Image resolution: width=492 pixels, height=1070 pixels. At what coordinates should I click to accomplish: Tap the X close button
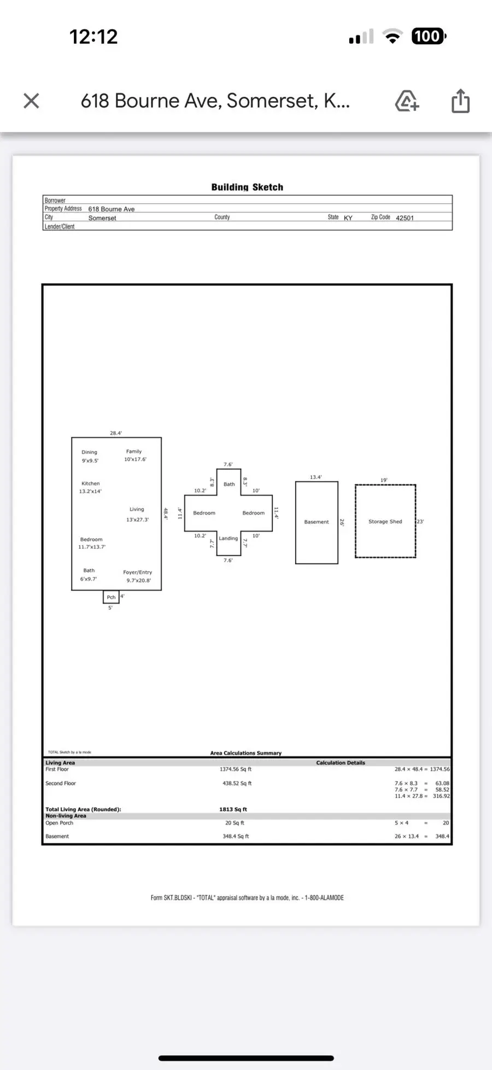coord(31,101)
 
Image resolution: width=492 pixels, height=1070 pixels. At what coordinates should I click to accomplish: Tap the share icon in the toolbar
coord(460,101)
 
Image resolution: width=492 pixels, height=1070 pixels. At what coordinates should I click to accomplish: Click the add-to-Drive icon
coord(407,101)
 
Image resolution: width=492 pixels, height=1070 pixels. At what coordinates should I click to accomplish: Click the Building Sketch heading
coord(247,187)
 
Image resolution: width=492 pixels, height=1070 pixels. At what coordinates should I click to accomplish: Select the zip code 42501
coord(405,218)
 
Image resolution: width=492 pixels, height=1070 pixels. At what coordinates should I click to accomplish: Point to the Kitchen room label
coord(91,483)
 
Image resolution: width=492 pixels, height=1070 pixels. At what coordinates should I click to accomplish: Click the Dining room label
coord(89,452)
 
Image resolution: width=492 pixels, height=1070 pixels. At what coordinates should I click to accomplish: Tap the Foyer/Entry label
coord(137,572)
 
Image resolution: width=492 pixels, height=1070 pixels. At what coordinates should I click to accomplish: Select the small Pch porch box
coord(111,597)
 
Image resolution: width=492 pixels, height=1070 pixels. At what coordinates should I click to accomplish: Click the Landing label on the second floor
coord(228,538)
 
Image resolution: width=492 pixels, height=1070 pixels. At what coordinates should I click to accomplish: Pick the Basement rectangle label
coord(317,522)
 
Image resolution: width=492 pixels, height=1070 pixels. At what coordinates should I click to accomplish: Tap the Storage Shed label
coord(385,522)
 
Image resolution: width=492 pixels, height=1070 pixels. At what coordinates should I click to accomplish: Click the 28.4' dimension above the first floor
coord(116,433)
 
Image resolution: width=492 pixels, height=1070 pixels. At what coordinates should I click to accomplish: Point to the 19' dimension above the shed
coord(384,480)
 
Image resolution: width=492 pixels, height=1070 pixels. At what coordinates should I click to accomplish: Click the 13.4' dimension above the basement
coord(315,477)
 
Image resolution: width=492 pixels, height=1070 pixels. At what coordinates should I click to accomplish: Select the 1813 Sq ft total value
coord(233,809)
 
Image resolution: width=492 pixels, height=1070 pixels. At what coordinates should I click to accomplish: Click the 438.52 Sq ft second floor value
coord(236,784)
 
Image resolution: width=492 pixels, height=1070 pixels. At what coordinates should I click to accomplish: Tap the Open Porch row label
coord(59,823)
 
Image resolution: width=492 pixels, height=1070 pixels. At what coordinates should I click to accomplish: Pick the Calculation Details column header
coord(340,763)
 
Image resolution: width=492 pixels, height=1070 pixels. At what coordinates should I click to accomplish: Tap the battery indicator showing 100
coord(428,37)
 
